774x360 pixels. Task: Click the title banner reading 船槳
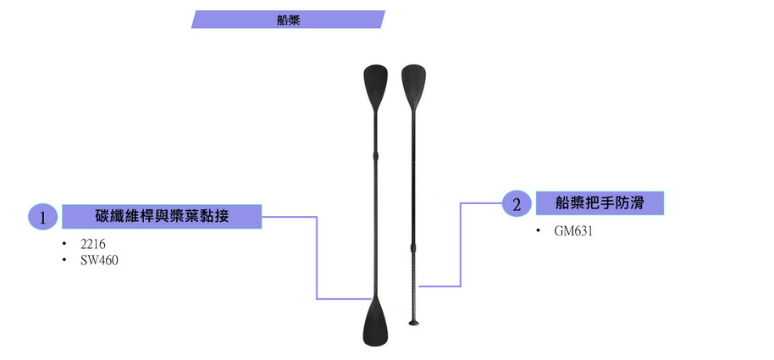pyautogui.click(x=288, y=19)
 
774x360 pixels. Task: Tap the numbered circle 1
pyautogui.click(x=42, y=217)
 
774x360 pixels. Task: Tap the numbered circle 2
pyautogui.click(x=517, y=203)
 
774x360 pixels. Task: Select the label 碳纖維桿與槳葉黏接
pyautogui.click(x=162, y=216)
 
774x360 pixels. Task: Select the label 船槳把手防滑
pyautogui.click(x=600, y=202)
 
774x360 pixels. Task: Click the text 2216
pyautogui.click(x=92, y=244)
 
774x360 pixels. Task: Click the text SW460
pyautogui.click(x=99, y=260)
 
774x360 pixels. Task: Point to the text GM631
pyautogui.click(x=573, y=230)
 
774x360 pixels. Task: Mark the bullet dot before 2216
pyautogui.click(x=64, y=245)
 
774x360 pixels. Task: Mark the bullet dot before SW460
pyautogui.click(x=64, y=261)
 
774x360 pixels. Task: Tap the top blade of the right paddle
pyautogui.click(x=412, y=83)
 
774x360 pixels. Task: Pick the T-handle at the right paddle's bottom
pyautogui.click(x=414, y=321)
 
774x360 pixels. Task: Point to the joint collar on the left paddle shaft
pyautogui.click(x=375, y=155)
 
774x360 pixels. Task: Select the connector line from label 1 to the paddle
pyautogui.click(x=317, y=263)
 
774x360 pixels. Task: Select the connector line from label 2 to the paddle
pyautogui.click(x=460, y=246)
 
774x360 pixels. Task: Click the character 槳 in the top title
pyautogui.click(x=294, y=19)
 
